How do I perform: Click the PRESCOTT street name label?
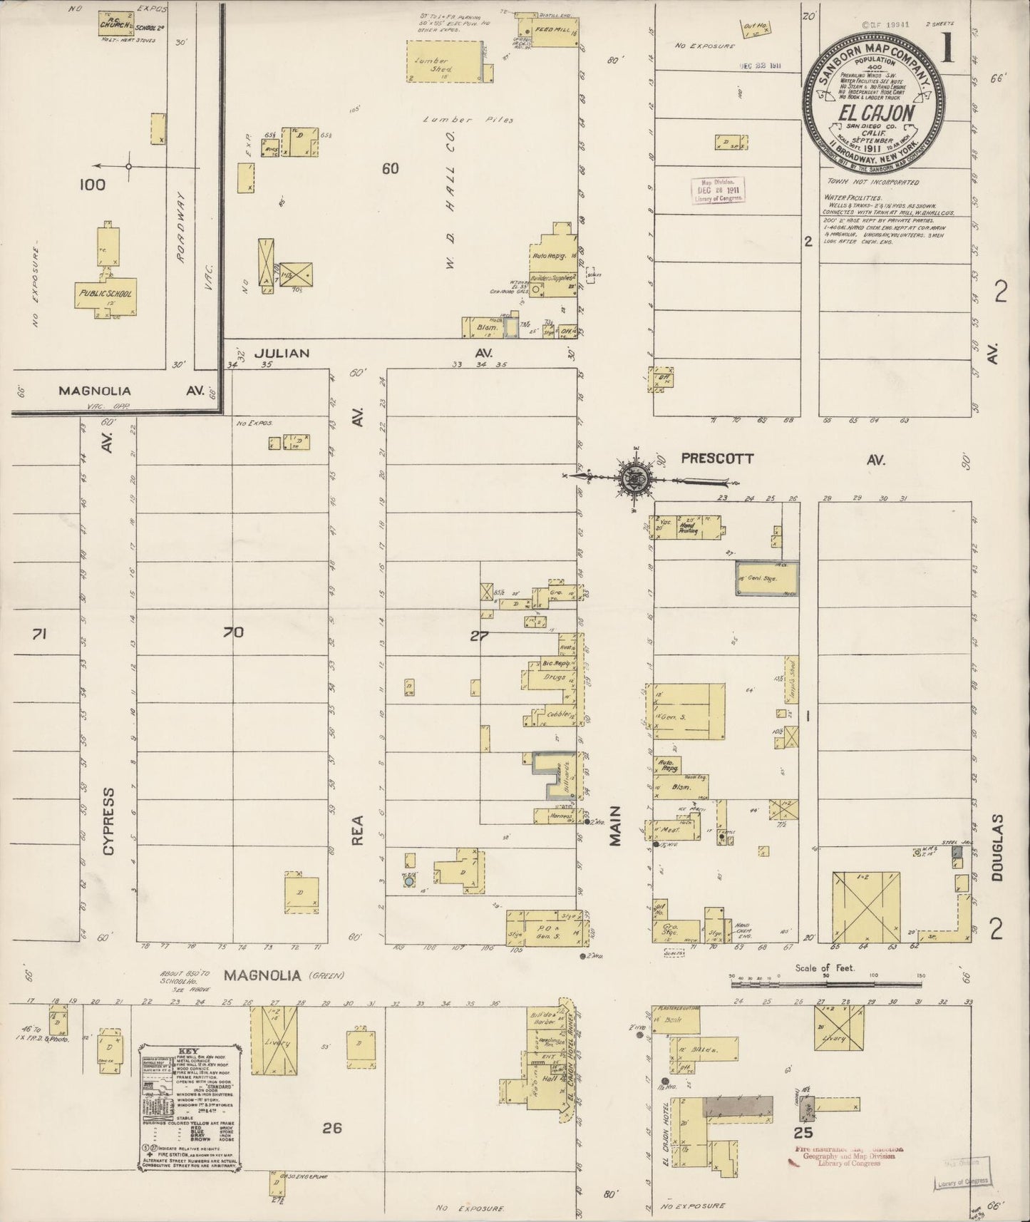716,459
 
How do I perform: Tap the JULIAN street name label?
283,353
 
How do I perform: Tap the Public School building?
105,293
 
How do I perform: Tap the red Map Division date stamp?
718,190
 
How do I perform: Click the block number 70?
233,632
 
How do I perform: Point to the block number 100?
92,185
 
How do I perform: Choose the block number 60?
390,169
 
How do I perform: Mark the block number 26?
332,1127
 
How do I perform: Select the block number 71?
39,632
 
